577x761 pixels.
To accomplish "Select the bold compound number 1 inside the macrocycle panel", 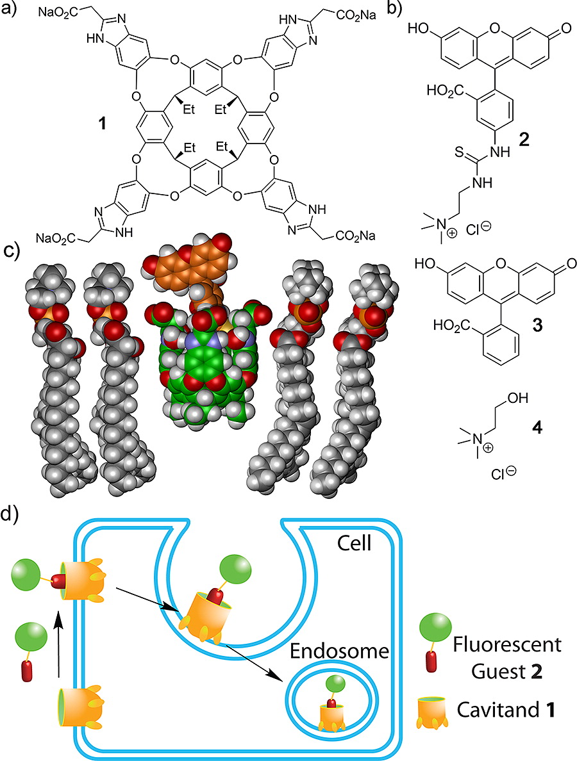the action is point(101,124).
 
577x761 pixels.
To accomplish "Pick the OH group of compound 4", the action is point(518,398).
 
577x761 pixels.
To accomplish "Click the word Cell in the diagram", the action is point(355,543).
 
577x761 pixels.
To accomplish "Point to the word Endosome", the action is point(340,651).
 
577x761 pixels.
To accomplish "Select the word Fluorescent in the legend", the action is point(507,645).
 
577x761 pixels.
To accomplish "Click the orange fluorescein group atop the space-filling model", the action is point(189,269).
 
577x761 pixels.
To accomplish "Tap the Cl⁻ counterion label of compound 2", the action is point(478,228).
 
